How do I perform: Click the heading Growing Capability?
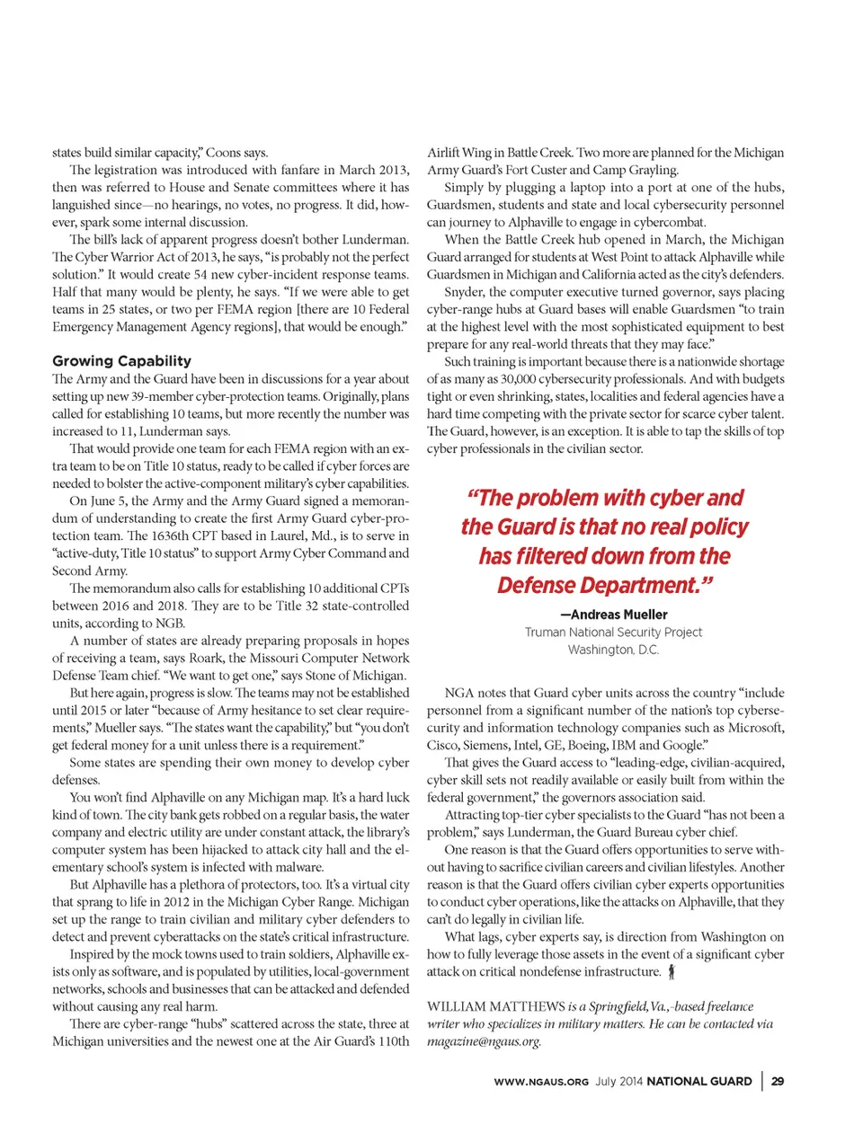121,360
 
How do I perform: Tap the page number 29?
778,1081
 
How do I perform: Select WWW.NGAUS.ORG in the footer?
541,1082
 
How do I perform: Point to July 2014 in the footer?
618,1081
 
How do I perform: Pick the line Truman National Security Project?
613,633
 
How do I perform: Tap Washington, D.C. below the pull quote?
613,650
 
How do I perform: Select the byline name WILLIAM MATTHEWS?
495,1006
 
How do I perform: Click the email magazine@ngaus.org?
484,1041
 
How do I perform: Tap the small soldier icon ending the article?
672,971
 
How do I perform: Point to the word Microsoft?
756,728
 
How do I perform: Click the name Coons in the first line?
224,153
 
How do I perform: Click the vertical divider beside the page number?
762,1081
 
